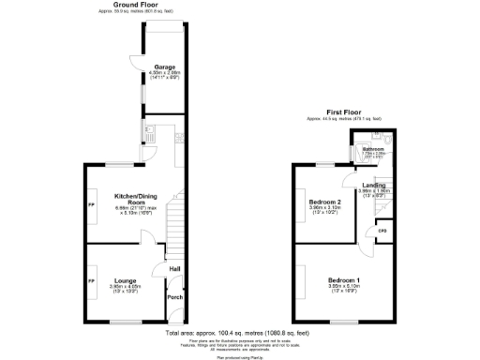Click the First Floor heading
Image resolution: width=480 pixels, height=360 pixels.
pos(344,112)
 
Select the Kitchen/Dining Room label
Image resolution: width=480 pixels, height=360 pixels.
pos(135,199)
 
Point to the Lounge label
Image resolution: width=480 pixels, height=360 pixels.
pos(126,280)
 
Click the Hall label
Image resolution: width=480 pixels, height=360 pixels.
pos(174,272)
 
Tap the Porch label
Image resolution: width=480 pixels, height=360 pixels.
pos(174,298)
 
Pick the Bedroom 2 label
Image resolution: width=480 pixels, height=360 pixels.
pos(324,202)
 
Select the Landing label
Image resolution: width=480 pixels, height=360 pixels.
pos(374,186)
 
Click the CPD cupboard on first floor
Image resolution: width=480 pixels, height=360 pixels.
pos(382,231)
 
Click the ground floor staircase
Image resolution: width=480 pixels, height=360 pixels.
pos(172,230)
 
